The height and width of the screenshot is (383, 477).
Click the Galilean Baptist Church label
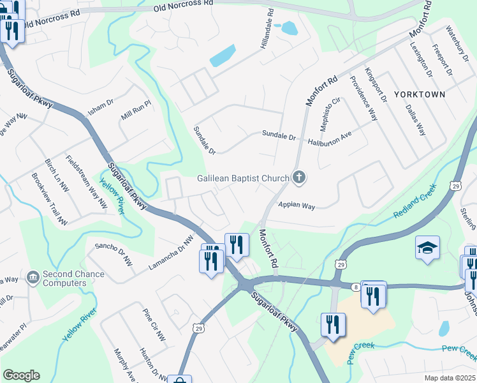click(242, 179)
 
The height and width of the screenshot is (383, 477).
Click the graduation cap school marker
click(428, 248)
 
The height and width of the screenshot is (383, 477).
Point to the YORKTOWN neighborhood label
click(419, 94)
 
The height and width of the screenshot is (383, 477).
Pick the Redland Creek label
click(414, 204)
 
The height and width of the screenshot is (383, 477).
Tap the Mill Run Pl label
click(136, 110)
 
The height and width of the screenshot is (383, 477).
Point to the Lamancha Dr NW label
click(170, 253)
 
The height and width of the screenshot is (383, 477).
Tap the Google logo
click(21, 375)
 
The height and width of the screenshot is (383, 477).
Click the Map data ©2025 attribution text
click(450, 377)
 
